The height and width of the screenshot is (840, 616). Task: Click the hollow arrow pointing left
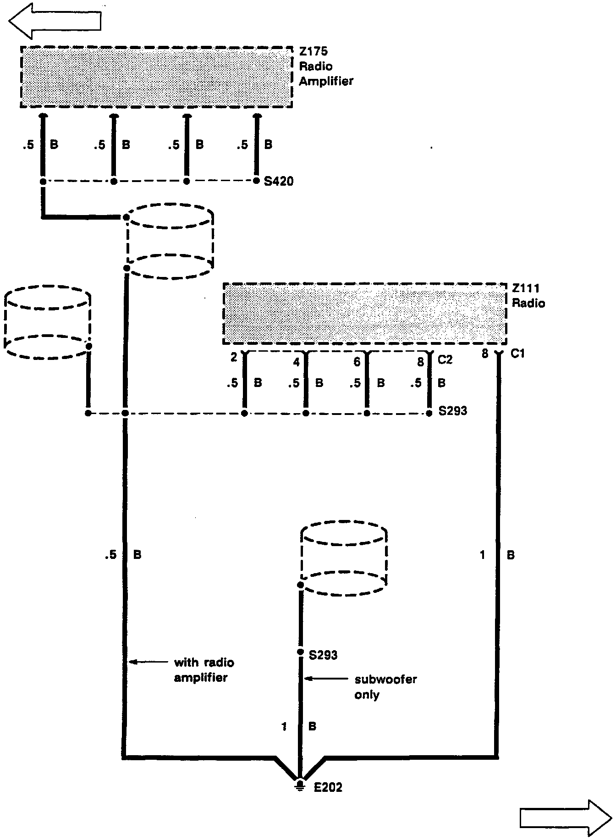click(55, 21)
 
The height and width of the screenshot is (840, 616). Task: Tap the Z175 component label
click(313, 51)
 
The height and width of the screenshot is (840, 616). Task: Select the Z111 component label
click(526, 288)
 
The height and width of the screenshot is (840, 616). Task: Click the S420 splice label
click(279, 182)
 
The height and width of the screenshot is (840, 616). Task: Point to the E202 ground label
click(328, 787)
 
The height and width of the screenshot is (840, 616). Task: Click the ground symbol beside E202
click(300, 785)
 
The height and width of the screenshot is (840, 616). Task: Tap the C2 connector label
click(445, 360)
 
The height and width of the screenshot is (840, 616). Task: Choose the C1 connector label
click(517, 354)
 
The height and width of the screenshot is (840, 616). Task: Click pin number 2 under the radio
click(234, 357)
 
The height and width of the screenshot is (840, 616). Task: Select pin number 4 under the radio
click(297, 362)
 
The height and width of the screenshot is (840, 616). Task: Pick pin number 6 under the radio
click(357, 362)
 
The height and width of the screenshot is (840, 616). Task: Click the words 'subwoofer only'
click(385, 687)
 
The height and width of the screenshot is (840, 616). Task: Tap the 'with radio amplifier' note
click(203, 670)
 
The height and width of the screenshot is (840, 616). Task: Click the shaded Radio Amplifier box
click(156, 77)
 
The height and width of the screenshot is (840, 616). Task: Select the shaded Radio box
click(365, 314)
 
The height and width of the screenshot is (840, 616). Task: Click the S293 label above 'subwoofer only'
click(323, 655)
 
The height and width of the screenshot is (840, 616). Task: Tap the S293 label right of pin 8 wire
click(452, 410)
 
